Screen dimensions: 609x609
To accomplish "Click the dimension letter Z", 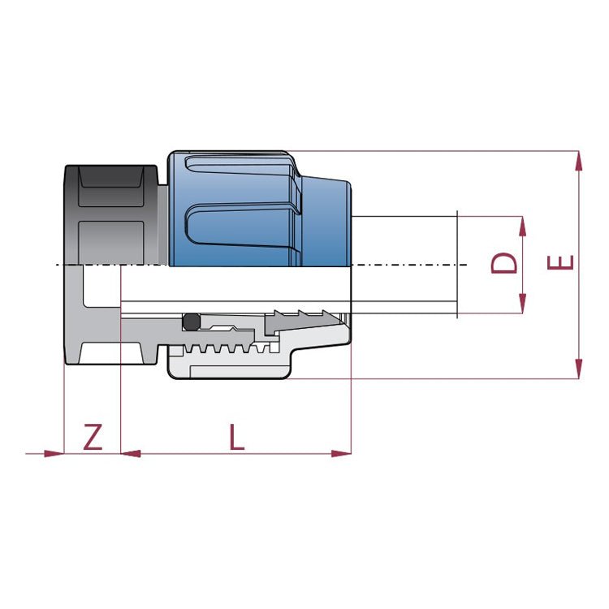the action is (93, 437).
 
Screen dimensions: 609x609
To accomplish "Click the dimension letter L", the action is (236, 437).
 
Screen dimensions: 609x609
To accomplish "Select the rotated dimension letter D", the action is (504, 263).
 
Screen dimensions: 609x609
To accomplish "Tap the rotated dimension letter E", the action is (560, 262).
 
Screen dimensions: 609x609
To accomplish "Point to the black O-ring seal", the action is (192, 322).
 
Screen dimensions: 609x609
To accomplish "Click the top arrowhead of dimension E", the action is (578, 161).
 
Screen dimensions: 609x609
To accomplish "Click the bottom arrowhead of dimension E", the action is (578, 369).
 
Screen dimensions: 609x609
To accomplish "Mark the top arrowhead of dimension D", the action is (522, 226).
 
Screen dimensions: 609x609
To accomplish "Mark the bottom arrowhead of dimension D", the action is (522, 304).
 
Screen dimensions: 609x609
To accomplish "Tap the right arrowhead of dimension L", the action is (341, 453).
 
